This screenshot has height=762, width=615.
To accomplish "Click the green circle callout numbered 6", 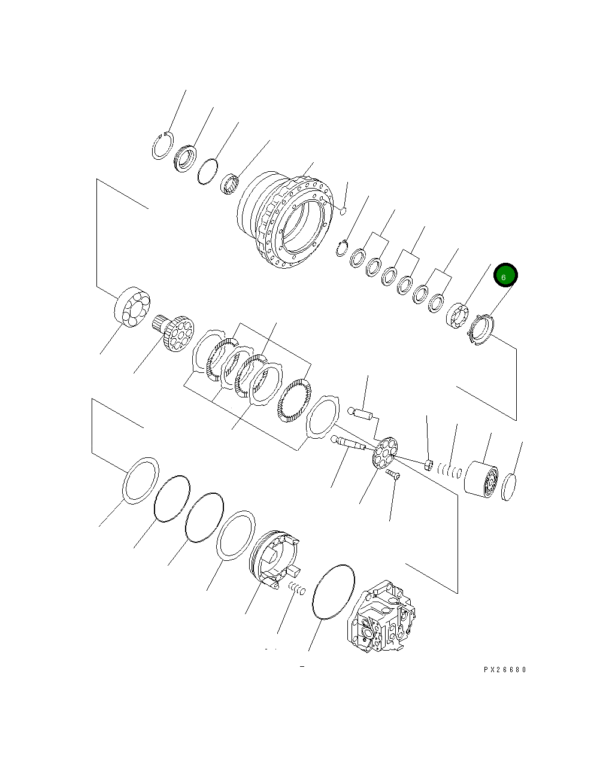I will (505, 276).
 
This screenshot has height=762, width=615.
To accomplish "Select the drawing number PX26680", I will (505, 670).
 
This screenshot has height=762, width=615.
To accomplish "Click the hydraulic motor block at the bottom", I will (381, 618).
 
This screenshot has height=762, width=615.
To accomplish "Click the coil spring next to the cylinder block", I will (449, 469).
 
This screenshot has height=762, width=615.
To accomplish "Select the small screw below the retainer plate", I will (393, 475).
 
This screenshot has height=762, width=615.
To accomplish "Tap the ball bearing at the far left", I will (132, 308).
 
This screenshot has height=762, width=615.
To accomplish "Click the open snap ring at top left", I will (162, 145).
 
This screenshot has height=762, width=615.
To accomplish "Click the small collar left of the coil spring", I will (428, 465).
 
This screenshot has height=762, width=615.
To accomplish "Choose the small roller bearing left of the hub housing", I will (229, 183).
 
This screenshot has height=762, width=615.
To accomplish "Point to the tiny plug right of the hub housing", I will (343, 210).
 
